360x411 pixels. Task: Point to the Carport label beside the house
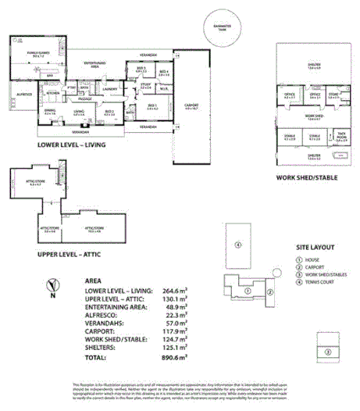tap(192, 107)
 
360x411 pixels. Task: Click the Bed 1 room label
tap(151, 106)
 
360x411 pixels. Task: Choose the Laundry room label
tap(109, 89)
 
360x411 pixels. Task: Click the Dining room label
tap(50, 113)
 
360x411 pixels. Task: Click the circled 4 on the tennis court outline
tap(236, 245)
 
